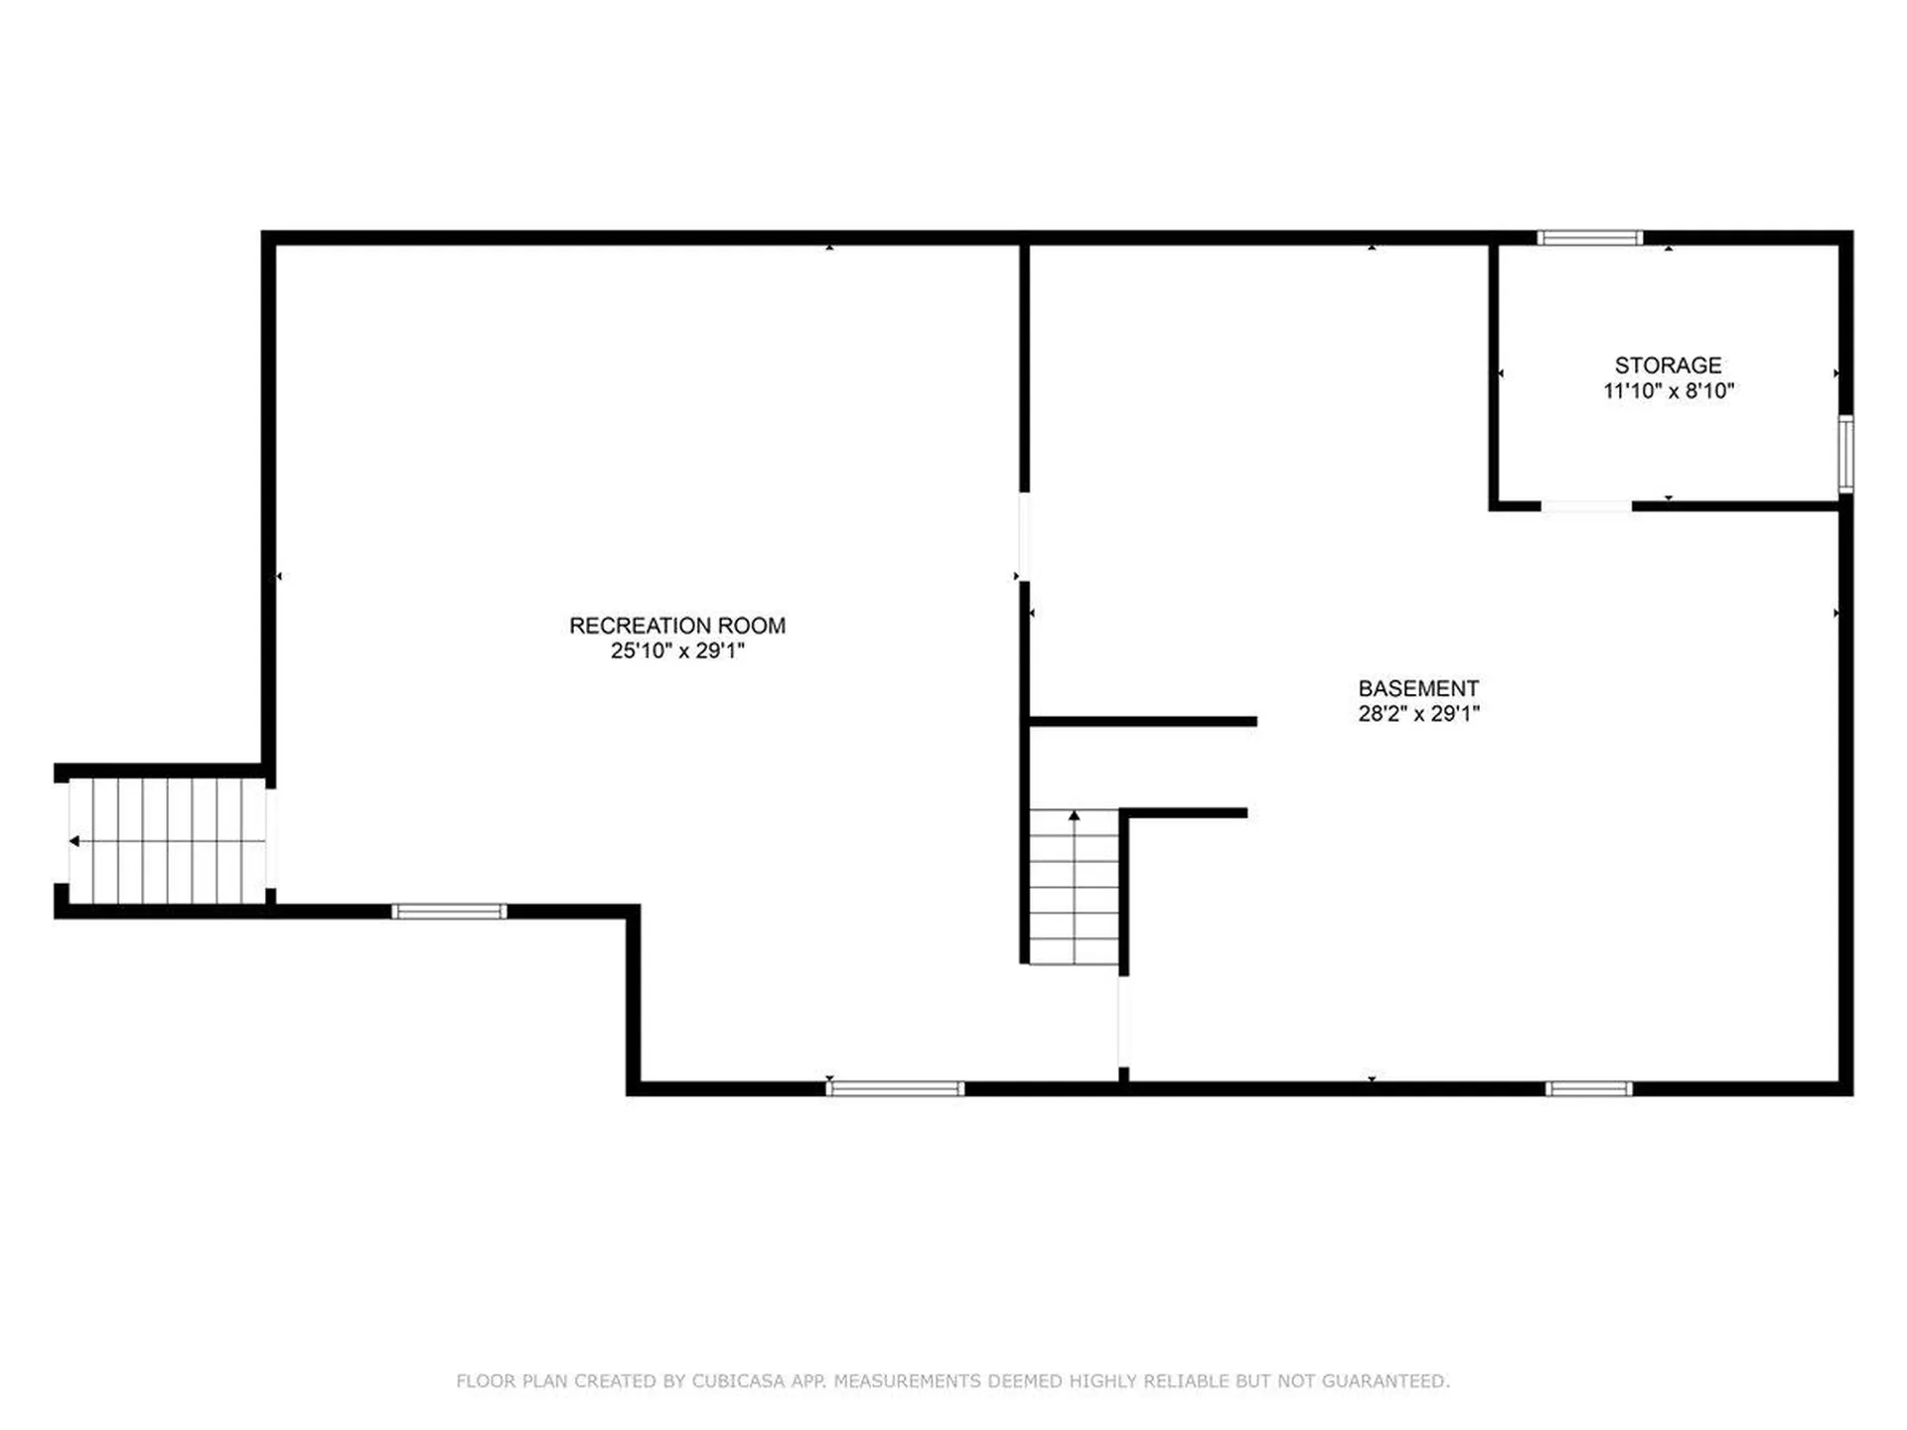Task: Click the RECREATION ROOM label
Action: tap(676, 626)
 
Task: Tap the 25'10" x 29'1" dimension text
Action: tap(676, 651)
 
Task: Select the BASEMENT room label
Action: tap(1418, 688)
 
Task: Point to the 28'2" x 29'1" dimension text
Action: tap(1418, 714)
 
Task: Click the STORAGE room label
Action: tap(1668, 365)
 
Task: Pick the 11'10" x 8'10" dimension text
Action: tap(1668, 391)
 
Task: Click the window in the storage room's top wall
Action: tap(1589, 237)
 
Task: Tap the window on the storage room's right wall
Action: tap(1844, 454)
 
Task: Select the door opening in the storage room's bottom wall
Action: tap(1585, 506)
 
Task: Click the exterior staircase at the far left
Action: tap(167, 841)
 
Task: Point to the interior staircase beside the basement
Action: tap(1073, 887)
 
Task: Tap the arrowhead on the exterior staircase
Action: tap(74, 841)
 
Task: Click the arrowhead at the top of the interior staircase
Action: tap(1074, 815)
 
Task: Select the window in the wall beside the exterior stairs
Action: tap(449, 912)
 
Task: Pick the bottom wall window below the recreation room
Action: tap(894, 1088)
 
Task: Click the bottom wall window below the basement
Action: tap(1588, 1088)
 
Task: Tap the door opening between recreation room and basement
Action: tap(1024, 536)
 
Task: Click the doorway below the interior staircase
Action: tap(1122, 1022)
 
